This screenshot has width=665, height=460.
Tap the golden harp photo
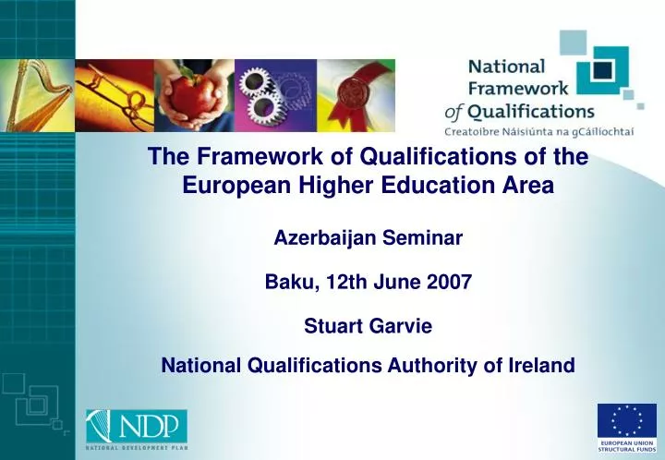pyautogui.click(x=37, y=95)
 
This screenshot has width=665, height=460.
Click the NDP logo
pyautogui.click(x=137, y=427)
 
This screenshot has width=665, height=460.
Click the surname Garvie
pyautogui.click(x=400, y=326)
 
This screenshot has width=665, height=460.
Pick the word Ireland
pyautogui.click(x=541, y=365)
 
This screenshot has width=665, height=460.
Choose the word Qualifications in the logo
pyautogui.click(x=530, y=112)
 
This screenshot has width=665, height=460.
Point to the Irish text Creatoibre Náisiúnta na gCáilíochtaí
pyautogui.click(x=539, y=132)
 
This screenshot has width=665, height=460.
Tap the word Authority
pyautogui.click(x=432, y=366)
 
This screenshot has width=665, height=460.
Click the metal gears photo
pyautogui.click(x=275, y=95)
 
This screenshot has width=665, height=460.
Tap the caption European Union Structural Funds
pyautogui.click(x=627, y=446)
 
